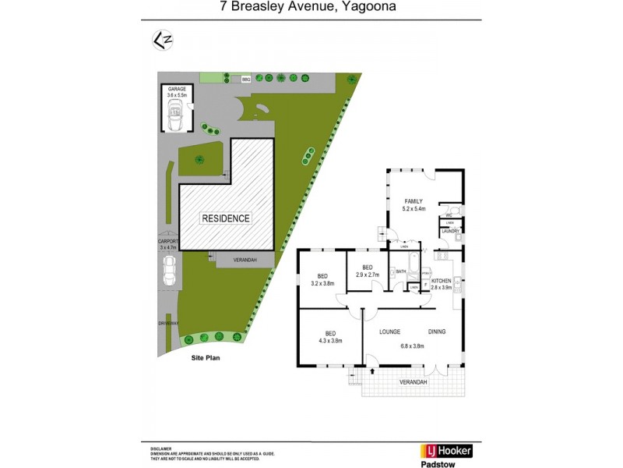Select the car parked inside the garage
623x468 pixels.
tap(175, 115)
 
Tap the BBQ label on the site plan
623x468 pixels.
tap(246, 80)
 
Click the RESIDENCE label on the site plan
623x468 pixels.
tap(227, 218)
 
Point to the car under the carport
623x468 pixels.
tap(169, 271)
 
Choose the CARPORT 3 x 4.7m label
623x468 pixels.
tap(169, 245)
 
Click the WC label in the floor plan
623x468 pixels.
tap(449, 215)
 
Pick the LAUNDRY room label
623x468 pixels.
tap(451, 232)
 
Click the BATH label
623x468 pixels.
tap(401, 271)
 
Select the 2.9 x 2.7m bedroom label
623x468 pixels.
tap(367, 271)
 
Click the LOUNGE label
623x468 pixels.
tap(389, 331)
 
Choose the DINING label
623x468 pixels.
tap(436, 331)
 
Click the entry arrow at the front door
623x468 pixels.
tap(372, 372)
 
